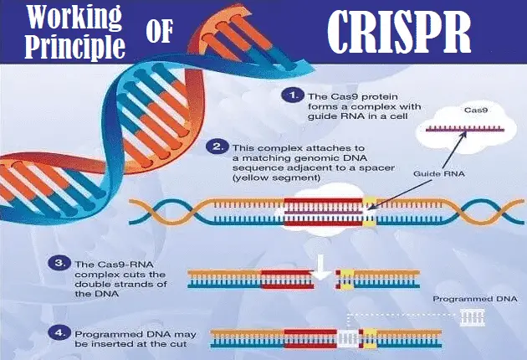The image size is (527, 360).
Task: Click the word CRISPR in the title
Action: click(x=399, y=32)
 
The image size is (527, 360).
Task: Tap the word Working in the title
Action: click(x=74, y=17)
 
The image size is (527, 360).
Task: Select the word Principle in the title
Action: click(x=75, y=46)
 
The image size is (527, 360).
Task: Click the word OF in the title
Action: click(x=160, y=31)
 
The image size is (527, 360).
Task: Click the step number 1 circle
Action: click(x=293, y=95)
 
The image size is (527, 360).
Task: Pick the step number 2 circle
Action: click(x=217, y=147)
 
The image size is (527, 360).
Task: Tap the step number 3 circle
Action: click(x=59, y=263)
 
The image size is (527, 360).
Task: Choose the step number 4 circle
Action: click(x=59, y=332)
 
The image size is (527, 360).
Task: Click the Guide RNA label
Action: click(x=438, y=174)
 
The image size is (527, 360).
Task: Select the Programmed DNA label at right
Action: click(x=475, y=299)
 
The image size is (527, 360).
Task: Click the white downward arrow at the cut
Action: click(x=321, y=267)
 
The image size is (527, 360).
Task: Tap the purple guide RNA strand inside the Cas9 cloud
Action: click(x=465, y=129)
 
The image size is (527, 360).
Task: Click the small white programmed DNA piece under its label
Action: click(x=473, y=317)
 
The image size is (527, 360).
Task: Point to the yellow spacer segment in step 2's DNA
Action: click(x=370, y=213)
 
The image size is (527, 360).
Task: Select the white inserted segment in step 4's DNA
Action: click(x=348, y=338)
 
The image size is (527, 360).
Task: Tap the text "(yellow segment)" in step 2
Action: click(x=276, y=177)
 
